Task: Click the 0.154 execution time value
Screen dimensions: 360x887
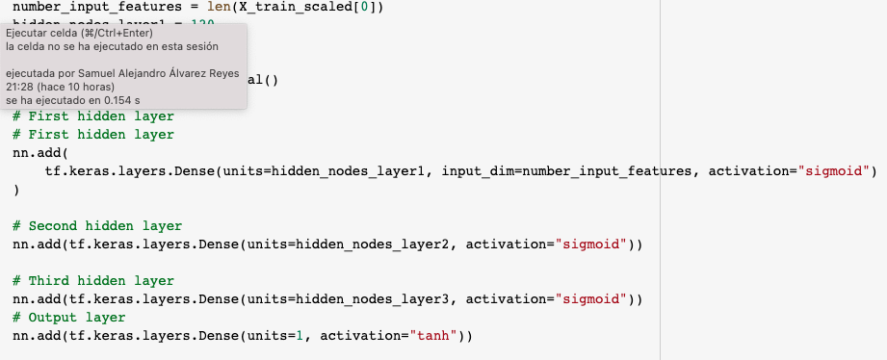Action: pos(107,100)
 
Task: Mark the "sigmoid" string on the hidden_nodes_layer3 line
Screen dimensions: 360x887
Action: pos(594,299)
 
